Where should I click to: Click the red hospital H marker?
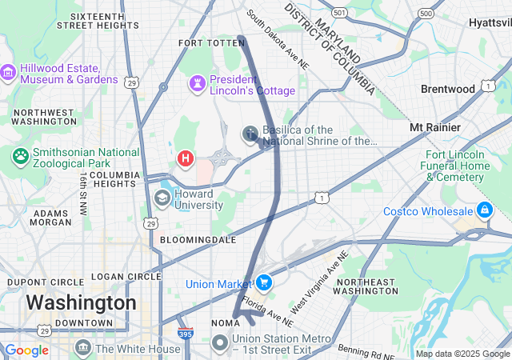coord(186,158)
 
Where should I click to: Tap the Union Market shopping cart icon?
coord(263,283)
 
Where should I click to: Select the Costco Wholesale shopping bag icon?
coord(483,210)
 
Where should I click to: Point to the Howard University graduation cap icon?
coord(162,198)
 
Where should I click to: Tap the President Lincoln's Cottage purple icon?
coord(197,83)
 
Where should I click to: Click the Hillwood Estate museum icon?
coord(8,74)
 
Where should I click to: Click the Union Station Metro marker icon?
coord(221,342)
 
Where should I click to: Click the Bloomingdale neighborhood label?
coord(198,239)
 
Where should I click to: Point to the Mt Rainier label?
coord(434,127)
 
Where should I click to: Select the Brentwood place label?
coord(448,89)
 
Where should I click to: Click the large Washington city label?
coord(81,302)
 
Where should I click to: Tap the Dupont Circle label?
coord(45,282)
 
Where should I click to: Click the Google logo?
coord(26,350)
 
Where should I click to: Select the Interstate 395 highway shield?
coord(184,334)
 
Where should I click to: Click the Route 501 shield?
coord(340,14)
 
